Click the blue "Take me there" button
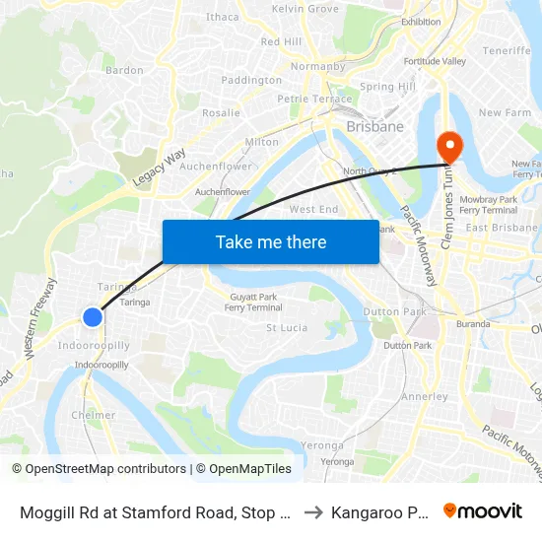point(270,241)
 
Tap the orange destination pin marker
point(448,148)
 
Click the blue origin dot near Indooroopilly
point(92,316)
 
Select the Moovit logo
point(483,511)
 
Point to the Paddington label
point(251,80)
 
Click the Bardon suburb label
point(124,70)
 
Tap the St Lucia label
point(287,327)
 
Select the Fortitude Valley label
point(434,61)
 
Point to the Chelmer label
point(94,415)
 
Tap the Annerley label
point(425,396)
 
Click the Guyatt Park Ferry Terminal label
point(253,302)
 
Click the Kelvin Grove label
point(305,9)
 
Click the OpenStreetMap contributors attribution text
point(100,469)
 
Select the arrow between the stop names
point(312,511)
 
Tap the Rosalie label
point(221,112)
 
